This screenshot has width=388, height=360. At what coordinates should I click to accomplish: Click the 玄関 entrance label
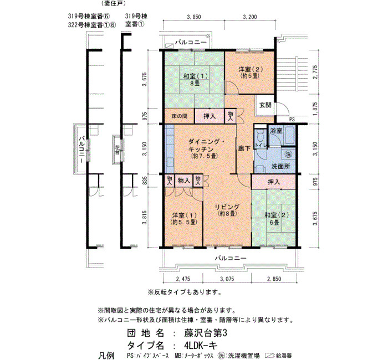266,105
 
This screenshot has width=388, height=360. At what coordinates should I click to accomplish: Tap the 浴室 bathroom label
276,131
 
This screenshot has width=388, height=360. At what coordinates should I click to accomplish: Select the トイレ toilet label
261,145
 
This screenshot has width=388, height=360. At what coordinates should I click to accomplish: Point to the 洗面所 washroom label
280,166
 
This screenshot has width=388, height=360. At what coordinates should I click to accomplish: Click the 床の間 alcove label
180,116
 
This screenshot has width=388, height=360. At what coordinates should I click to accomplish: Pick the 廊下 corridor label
244,148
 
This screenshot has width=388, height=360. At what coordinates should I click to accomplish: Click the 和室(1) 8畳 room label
195,80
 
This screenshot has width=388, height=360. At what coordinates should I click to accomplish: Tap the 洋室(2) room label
251,72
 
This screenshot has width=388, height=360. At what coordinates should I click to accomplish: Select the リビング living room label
227,210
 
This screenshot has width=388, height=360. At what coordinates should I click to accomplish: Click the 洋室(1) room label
184,218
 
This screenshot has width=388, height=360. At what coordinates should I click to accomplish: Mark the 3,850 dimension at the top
194,17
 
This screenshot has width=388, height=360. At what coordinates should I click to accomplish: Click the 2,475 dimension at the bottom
183,279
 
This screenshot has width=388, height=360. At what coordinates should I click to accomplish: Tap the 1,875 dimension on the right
315,109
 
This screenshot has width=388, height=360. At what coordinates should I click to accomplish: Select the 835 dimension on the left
145,181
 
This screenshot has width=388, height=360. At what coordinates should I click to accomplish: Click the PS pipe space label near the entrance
292,120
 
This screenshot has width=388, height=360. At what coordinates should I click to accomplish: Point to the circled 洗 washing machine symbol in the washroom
288,155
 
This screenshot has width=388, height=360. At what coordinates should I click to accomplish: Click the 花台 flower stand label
117,150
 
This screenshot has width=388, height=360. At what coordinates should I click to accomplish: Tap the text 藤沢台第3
206,333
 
